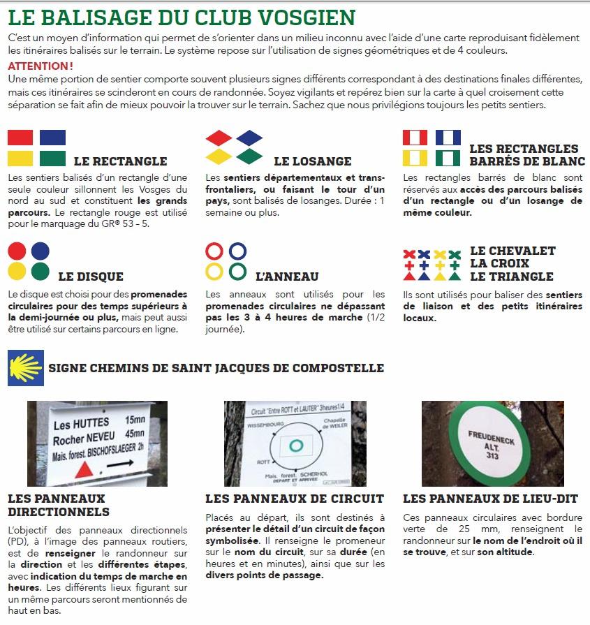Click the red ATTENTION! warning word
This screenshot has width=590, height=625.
[40, 66]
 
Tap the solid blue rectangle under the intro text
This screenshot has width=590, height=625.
[52, 137]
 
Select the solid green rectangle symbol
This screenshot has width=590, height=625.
[52, 158]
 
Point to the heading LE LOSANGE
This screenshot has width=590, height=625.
[312, 161]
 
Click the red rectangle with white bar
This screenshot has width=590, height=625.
[415, 137]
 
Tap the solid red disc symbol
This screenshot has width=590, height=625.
[18, 251]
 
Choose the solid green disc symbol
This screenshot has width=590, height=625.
[40, 271]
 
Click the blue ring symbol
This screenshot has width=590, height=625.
[237, 251]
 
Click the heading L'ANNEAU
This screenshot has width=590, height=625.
[287, 277]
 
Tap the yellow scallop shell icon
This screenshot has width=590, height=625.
[25, 368]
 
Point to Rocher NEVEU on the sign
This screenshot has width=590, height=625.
[82, 441]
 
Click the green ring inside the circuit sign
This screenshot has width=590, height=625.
[294, 445]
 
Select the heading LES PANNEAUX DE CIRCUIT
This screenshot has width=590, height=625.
[295, 499]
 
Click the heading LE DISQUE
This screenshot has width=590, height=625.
[91, 277]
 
